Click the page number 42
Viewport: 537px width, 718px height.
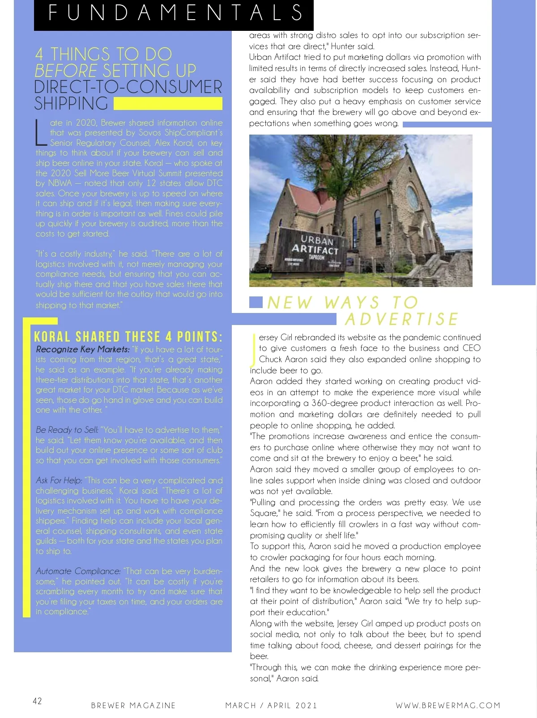[37, 701]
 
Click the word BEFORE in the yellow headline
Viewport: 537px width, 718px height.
[66, 71]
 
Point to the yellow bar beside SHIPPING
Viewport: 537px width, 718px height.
[168, 104]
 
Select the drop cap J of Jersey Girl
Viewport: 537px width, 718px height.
[253, 349]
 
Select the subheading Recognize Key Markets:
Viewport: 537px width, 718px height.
[83, 350]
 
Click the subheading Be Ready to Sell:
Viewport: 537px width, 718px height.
[67, 430]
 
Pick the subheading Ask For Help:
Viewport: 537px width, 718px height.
[59, 481]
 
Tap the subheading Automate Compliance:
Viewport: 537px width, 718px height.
[78, 571]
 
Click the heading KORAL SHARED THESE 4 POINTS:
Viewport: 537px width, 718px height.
[128, 337]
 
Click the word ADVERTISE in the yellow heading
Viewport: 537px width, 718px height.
[401, 319]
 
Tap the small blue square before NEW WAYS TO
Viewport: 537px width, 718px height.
[256, 302]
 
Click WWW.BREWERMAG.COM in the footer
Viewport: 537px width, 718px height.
[448, 705]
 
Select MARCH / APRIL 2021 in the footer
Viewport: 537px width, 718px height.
[271, 705]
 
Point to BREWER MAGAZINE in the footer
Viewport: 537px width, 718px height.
[133, 705]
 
